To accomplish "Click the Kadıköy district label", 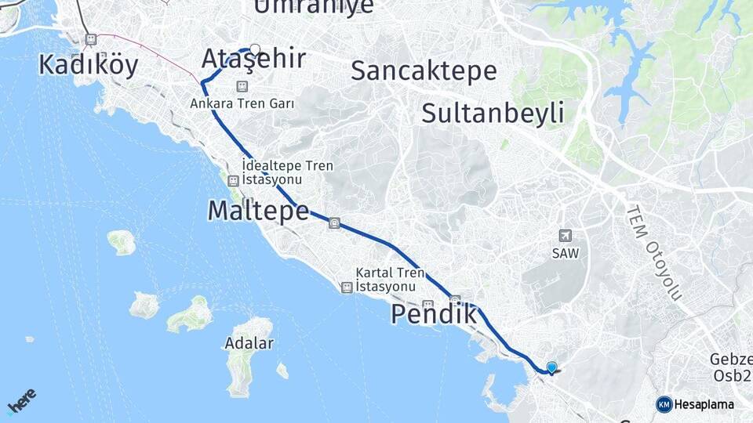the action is (x=88, y=65).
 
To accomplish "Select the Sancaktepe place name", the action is (x=424, y=70).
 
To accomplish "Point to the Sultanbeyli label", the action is (x=493, y=113).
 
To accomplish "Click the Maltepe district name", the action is (x=257, y=210).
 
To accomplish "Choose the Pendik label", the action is (x=433, y=315).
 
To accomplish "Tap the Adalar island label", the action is (x=249, y=343).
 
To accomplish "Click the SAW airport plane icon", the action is (x=566, y=236).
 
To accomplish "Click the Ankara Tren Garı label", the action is (x=242, y=103).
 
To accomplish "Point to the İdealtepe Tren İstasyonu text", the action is (x=288, y=172).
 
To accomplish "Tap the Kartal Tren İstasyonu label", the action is (x=390, y=280).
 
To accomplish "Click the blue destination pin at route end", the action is (x=551, y=367).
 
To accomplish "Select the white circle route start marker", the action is (x=255, y=47).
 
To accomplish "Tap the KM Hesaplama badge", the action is (x=695, y=404).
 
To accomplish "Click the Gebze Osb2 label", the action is (x=729, y=367).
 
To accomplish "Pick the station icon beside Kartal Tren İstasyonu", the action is (x=346, y=287).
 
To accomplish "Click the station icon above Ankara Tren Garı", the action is (x=242, y=85).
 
